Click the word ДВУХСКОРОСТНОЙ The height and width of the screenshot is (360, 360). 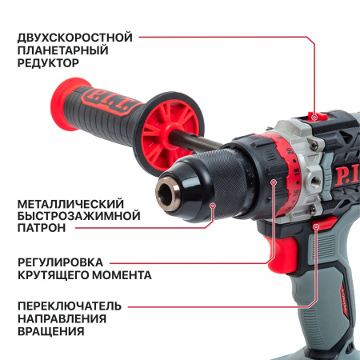click(75, 38)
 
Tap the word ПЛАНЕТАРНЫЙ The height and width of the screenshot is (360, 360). click(63, 50)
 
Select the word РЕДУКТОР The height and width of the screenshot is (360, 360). click(48, 63)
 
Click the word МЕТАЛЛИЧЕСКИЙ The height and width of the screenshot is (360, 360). click(70, 204)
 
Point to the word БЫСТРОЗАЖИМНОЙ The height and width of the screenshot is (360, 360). click(79, 216)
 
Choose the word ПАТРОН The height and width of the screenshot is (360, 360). click(42, 228)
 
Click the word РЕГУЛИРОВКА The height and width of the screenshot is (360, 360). click(60, 262)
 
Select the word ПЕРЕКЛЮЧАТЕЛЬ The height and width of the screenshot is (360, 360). click(70, 306)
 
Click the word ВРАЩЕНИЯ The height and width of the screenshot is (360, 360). click(51, 331)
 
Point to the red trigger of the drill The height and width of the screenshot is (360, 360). click(282, 254)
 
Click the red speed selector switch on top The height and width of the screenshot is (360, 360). click(318, 116)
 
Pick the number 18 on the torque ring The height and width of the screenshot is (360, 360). click(297, 172)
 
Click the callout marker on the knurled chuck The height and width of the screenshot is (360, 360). click(213, 206)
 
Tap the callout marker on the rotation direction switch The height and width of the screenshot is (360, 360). click(316, 226)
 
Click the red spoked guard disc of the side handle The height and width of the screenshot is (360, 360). click(170, 133)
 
